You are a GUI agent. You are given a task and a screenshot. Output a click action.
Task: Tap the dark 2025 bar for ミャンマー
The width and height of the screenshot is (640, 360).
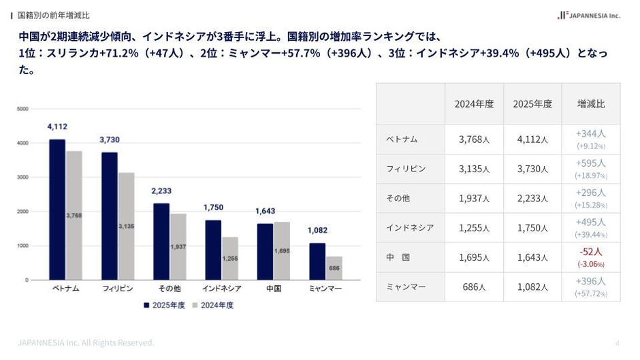pyautogui.click(x=317, y=261)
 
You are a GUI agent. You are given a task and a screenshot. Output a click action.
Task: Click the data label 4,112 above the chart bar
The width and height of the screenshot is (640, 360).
pyautogui.click(x=57, y=127)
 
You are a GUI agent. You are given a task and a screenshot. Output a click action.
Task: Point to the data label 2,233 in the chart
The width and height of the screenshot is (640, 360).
pyautogui.click(x=161, y=191)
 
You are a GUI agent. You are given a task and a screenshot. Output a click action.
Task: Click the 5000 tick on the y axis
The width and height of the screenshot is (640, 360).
pyautogui.click(x=22, y=109)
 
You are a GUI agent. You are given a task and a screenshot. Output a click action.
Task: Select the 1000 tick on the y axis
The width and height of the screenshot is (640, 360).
pyautogui.click(x=22, y=246)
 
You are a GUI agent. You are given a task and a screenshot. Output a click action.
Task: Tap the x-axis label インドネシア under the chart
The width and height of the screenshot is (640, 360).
pyautogui.click(x=221, y=289)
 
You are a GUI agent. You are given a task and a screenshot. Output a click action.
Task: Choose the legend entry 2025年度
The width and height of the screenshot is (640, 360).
pyautogui.click(x=164, y=306)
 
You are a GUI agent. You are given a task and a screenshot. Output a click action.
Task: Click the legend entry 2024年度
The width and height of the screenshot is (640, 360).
pyautogui.click(x=212, y=306)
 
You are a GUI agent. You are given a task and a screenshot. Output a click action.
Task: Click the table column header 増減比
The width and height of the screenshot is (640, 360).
pyautogui.click(x=590, y=104)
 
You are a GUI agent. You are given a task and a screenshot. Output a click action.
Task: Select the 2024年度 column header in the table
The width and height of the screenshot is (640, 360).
pyautogui.click(x=474, y=104)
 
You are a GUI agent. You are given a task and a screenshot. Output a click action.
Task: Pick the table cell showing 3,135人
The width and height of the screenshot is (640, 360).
pyautogui.click(x=474, y=169)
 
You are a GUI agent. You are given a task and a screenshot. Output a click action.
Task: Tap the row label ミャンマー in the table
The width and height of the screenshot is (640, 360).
pyautogui.click(x=406, y=287)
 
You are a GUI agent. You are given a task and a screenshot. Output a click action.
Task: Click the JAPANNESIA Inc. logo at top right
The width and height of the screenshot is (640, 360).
pyautogui.click(x=589, y=15)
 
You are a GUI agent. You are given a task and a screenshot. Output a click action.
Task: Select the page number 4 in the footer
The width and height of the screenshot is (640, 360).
pyautogui.click(x=617, y=343)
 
